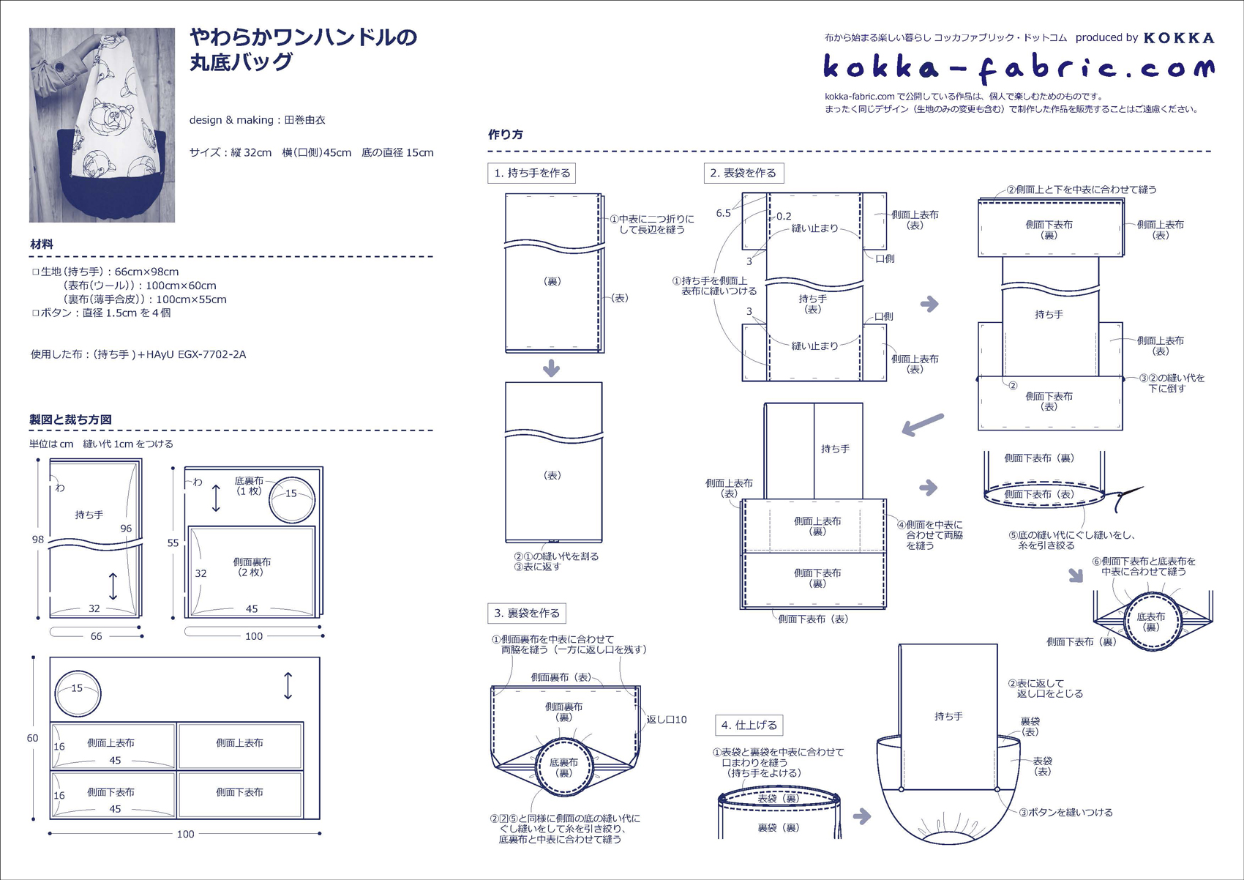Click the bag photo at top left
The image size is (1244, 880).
point(102,125)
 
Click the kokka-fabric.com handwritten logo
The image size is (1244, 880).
point(1018,68)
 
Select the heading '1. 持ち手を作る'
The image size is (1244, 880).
point(532,174)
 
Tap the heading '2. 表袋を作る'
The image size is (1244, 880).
point(743,174)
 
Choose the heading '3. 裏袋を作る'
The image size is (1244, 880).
point(527,614)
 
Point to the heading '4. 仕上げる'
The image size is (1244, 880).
point(749,726)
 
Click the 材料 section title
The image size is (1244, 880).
point(42,245)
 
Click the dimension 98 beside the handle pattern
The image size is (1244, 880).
point(38,540)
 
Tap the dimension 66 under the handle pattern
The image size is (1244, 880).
point(96,636)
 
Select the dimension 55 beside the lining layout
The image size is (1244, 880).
point(173,543)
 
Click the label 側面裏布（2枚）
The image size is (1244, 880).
point(252,567)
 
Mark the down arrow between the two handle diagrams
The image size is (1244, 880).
point(552,368)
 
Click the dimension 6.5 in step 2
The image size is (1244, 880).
point(723,213)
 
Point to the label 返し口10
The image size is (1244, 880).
point(667,720)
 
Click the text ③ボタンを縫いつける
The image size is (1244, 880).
point(1065,812)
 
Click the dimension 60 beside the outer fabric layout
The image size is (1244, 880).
point(32,738)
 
